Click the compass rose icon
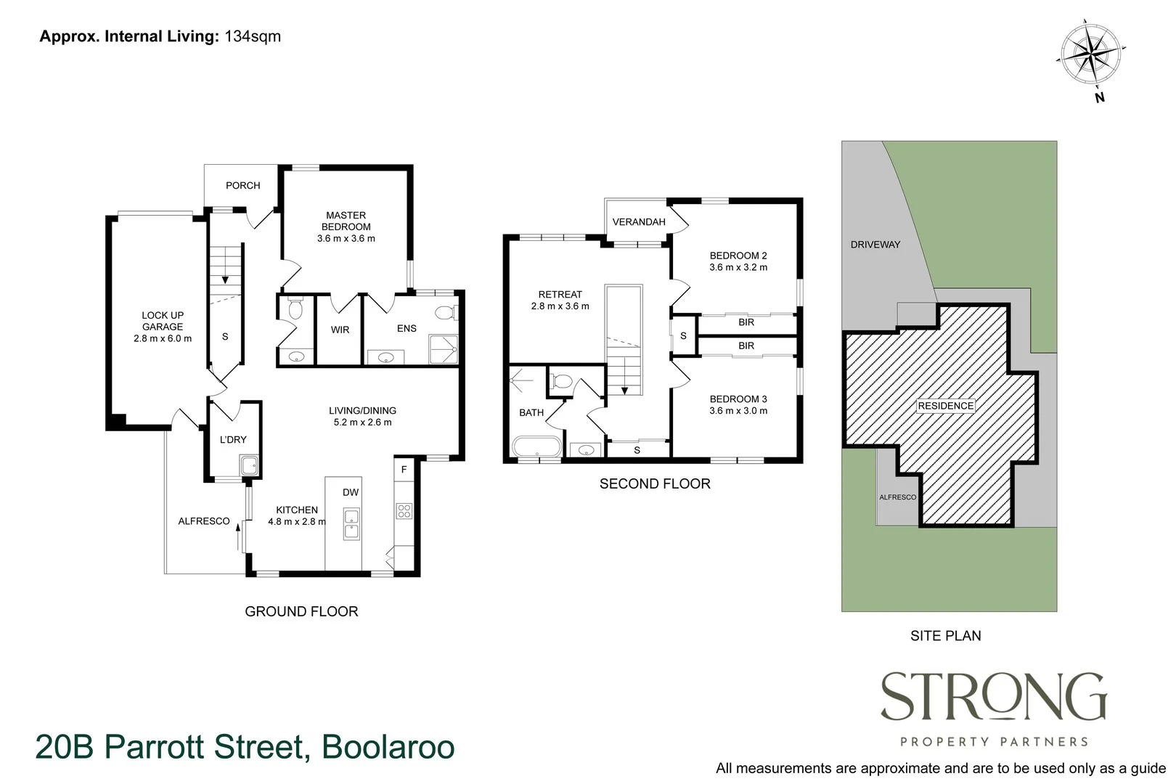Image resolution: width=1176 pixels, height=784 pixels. click(x=1092, y=55)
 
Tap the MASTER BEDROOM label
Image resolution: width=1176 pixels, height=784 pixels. click(x=346, y=221)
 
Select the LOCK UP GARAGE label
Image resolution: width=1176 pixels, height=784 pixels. click(x=163, y=321)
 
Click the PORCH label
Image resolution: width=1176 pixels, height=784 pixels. click(x=242, y=186)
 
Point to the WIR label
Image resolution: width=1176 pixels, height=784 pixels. click(x=340, y=330)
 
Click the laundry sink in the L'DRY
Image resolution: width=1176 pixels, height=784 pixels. click(x=249, y=465)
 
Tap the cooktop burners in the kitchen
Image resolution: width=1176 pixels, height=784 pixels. click(x=404, y=510)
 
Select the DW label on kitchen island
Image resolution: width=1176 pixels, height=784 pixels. click(x=351, y=492)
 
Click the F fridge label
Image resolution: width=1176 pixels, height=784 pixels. click(x=404, y=470)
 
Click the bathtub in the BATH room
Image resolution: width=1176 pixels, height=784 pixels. click(x=536, y=446)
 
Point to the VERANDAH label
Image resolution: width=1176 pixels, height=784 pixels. click(x=639, y=222)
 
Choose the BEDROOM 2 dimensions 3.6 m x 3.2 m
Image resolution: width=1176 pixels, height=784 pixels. click(x=738, y=267)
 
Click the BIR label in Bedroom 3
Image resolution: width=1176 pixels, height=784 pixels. click(x=746, y=346)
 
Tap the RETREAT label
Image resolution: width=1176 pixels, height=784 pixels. click(x=560, y=294)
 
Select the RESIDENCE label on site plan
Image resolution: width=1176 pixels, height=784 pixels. click(x=945, y=406)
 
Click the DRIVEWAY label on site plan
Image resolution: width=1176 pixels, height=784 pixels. click(x=875, y=245)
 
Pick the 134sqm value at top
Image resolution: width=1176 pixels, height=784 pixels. click(x=252, y=36)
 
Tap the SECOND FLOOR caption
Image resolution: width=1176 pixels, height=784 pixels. click(x=655, y=484)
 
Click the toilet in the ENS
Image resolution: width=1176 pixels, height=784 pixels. click(x=444, y=313)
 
